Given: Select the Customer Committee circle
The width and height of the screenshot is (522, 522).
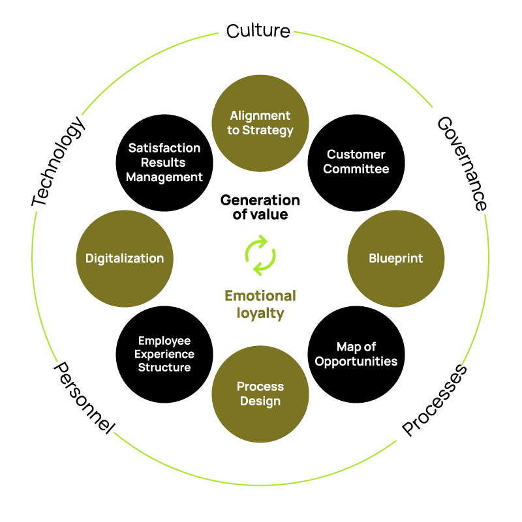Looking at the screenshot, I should point(356,162).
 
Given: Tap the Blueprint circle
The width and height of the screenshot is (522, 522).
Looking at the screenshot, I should point(396,258).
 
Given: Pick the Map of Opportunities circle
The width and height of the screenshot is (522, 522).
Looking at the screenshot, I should point(356,354).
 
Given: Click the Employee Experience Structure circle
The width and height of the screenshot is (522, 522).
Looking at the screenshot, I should point(164,354).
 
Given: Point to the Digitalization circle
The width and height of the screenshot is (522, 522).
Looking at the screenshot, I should point(125,258).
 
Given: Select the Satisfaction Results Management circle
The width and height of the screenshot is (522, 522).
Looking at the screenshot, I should point(164,162).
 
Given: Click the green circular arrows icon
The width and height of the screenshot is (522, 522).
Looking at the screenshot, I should point(260,255).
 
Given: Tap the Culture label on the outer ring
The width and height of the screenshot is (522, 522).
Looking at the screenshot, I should point(258,31).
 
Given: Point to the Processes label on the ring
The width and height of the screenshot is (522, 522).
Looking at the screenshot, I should point(435,399).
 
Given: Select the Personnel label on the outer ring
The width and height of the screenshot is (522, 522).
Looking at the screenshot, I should point(84,398).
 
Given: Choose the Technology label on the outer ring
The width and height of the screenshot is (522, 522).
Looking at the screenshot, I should point(59,162).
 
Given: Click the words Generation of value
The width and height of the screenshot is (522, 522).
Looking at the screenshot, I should point(260,207).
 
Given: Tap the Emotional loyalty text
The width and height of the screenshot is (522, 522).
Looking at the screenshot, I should point(260,304).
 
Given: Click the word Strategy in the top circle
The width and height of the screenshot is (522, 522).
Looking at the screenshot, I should point(269,130).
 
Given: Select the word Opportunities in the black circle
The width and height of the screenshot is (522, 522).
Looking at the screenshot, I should point(356,361).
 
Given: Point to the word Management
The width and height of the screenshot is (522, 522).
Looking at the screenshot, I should point(164,177).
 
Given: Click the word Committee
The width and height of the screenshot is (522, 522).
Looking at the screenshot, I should point(356,169).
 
